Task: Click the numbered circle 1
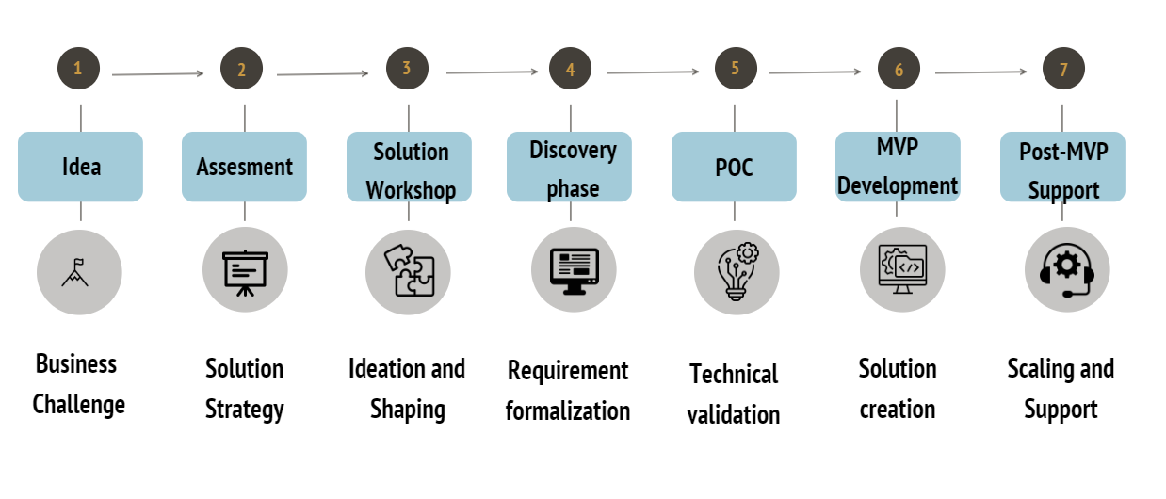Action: (x=78, y=68)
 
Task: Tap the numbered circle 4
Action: (x=571, y=70)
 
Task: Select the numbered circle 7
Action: (x=1063, y=70)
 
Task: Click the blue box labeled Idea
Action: (x=80, y=167)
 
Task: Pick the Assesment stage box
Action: (x=244, y=167)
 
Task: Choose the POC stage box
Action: (x=734, y=167)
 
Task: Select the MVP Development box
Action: (x=898, y=167)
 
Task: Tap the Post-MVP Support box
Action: (x=1062, y=167)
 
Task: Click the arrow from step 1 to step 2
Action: (x=157, y=73)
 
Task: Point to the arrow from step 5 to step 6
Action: (x=815, y=72)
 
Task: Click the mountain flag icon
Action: (x=79, y=272)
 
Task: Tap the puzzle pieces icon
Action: (x=408, y=271)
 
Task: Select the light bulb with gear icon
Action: (x=736, y=272)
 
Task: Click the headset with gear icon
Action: (x=1066, y=270)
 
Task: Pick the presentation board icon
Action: (x=245, y=271)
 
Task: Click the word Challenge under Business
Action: (x=79, y=405)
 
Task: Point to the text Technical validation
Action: (x=734, y=394)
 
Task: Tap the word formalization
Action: (x=568, y=410)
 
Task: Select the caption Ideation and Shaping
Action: (x=407, y=388)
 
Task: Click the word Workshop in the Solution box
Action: (x=411, y=189)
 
